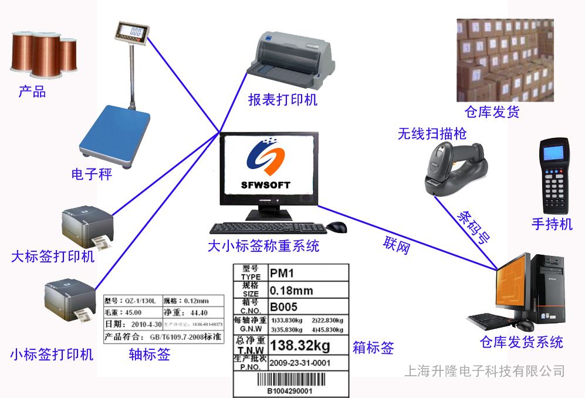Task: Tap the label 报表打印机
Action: click(282, 100)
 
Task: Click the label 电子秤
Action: click(92, 174)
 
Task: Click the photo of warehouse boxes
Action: click(505, 59)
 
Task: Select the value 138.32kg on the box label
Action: click(300, 344)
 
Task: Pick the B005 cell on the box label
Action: click(283, 306)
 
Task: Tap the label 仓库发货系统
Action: click(522, 342)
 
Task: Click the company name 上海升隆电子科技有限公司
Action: click(485, 371)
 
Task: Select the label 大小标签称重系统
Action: click(263, 245)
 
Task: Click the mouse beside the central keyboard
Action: click(337, 227)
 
